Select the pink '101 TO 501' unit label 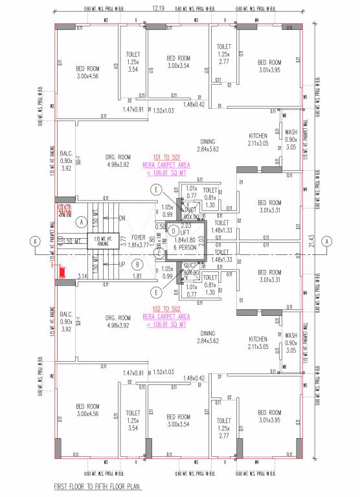click(x=167, y=157)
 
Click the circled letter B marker click(x=137, y=264)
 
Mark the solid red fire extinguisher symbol click(x=63, y=272)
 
